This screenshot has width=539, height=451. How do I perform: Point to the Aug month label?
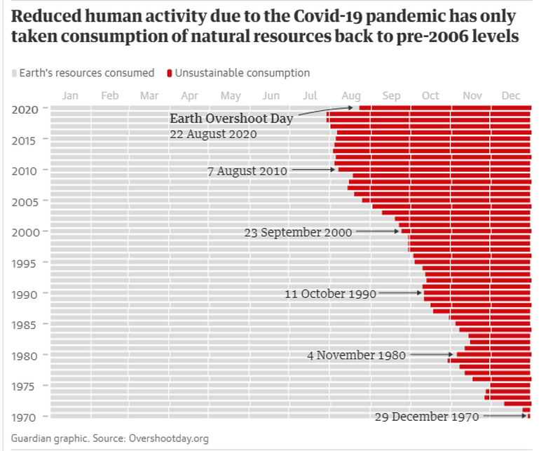click(351, 96)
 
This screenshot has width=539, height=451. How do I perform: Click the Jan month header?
click(71, 96)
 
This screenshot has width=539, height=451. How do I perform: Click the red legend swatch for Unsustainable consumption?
click(170, 73)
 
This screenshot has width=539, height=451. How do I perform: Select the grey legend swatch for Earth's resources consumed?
click(15, 73)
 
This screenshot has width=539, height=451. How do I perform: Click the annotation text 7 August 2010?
click(247, 170)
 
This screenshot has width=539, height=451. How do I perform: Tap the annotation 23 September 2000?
click(298, 232)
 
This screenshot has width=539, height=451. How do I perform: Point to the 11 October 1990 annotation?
click(330, 294)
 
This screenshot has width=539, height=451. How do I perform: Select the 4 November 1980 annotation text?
click(356, 356)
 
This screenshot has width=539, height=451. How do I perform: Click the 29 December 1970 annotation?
click(426, 417)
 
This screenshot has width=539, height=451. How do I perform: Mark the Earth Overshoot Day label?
click(231, 119)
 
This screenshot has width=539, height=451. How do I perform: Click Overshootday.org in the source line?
click(169, 439)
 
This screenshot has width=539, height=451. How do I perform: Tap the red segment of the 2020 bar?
click(445, 107)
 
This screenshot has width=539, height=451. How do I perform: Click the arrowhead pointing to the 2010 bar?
click(334, 170)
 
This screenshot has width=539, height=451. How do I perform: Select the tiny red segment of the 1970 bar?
click(529, 417)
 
